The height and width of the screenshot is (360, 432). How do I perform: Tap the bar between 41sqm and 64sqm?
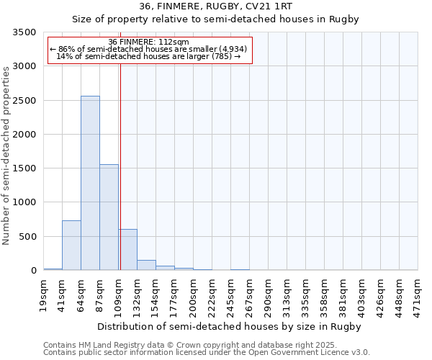(71, 245)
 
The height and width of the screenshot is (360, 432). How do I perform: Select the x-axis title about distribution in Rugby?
(228, 326)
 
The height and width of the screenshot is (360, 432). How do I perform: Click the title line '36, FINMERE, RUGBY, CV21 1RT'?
(215, 6)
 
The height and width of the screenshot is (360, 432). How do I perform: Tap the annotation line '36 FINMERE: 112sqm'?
(148, 42)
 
